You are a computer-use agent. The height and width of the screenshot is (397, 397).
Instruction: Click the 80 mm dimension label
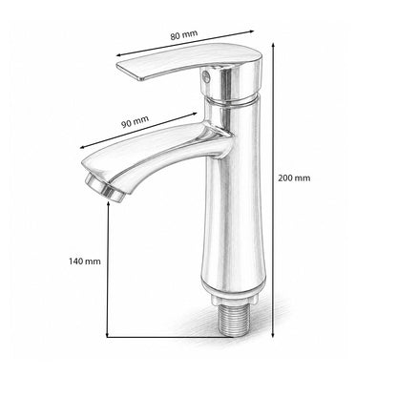(184, 34)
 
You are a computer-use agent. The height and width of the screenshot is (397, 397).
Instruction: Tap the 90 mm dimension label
(135, 121)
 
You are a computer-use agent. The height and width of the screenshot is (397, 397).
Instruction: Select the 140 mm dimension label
(85, 261)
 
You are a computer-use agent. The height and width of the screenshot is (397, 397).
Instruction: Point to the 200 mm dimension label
(294, 178)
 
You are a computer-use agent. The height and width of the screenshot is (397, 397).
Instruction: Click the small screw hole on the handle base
(205, 76)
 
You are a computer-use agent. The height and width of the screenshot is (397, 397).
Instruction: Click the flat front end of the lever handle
(129, 71)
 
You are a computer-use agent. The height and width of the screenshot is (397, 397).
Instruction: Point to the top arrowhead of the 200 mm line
(273, 45)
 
